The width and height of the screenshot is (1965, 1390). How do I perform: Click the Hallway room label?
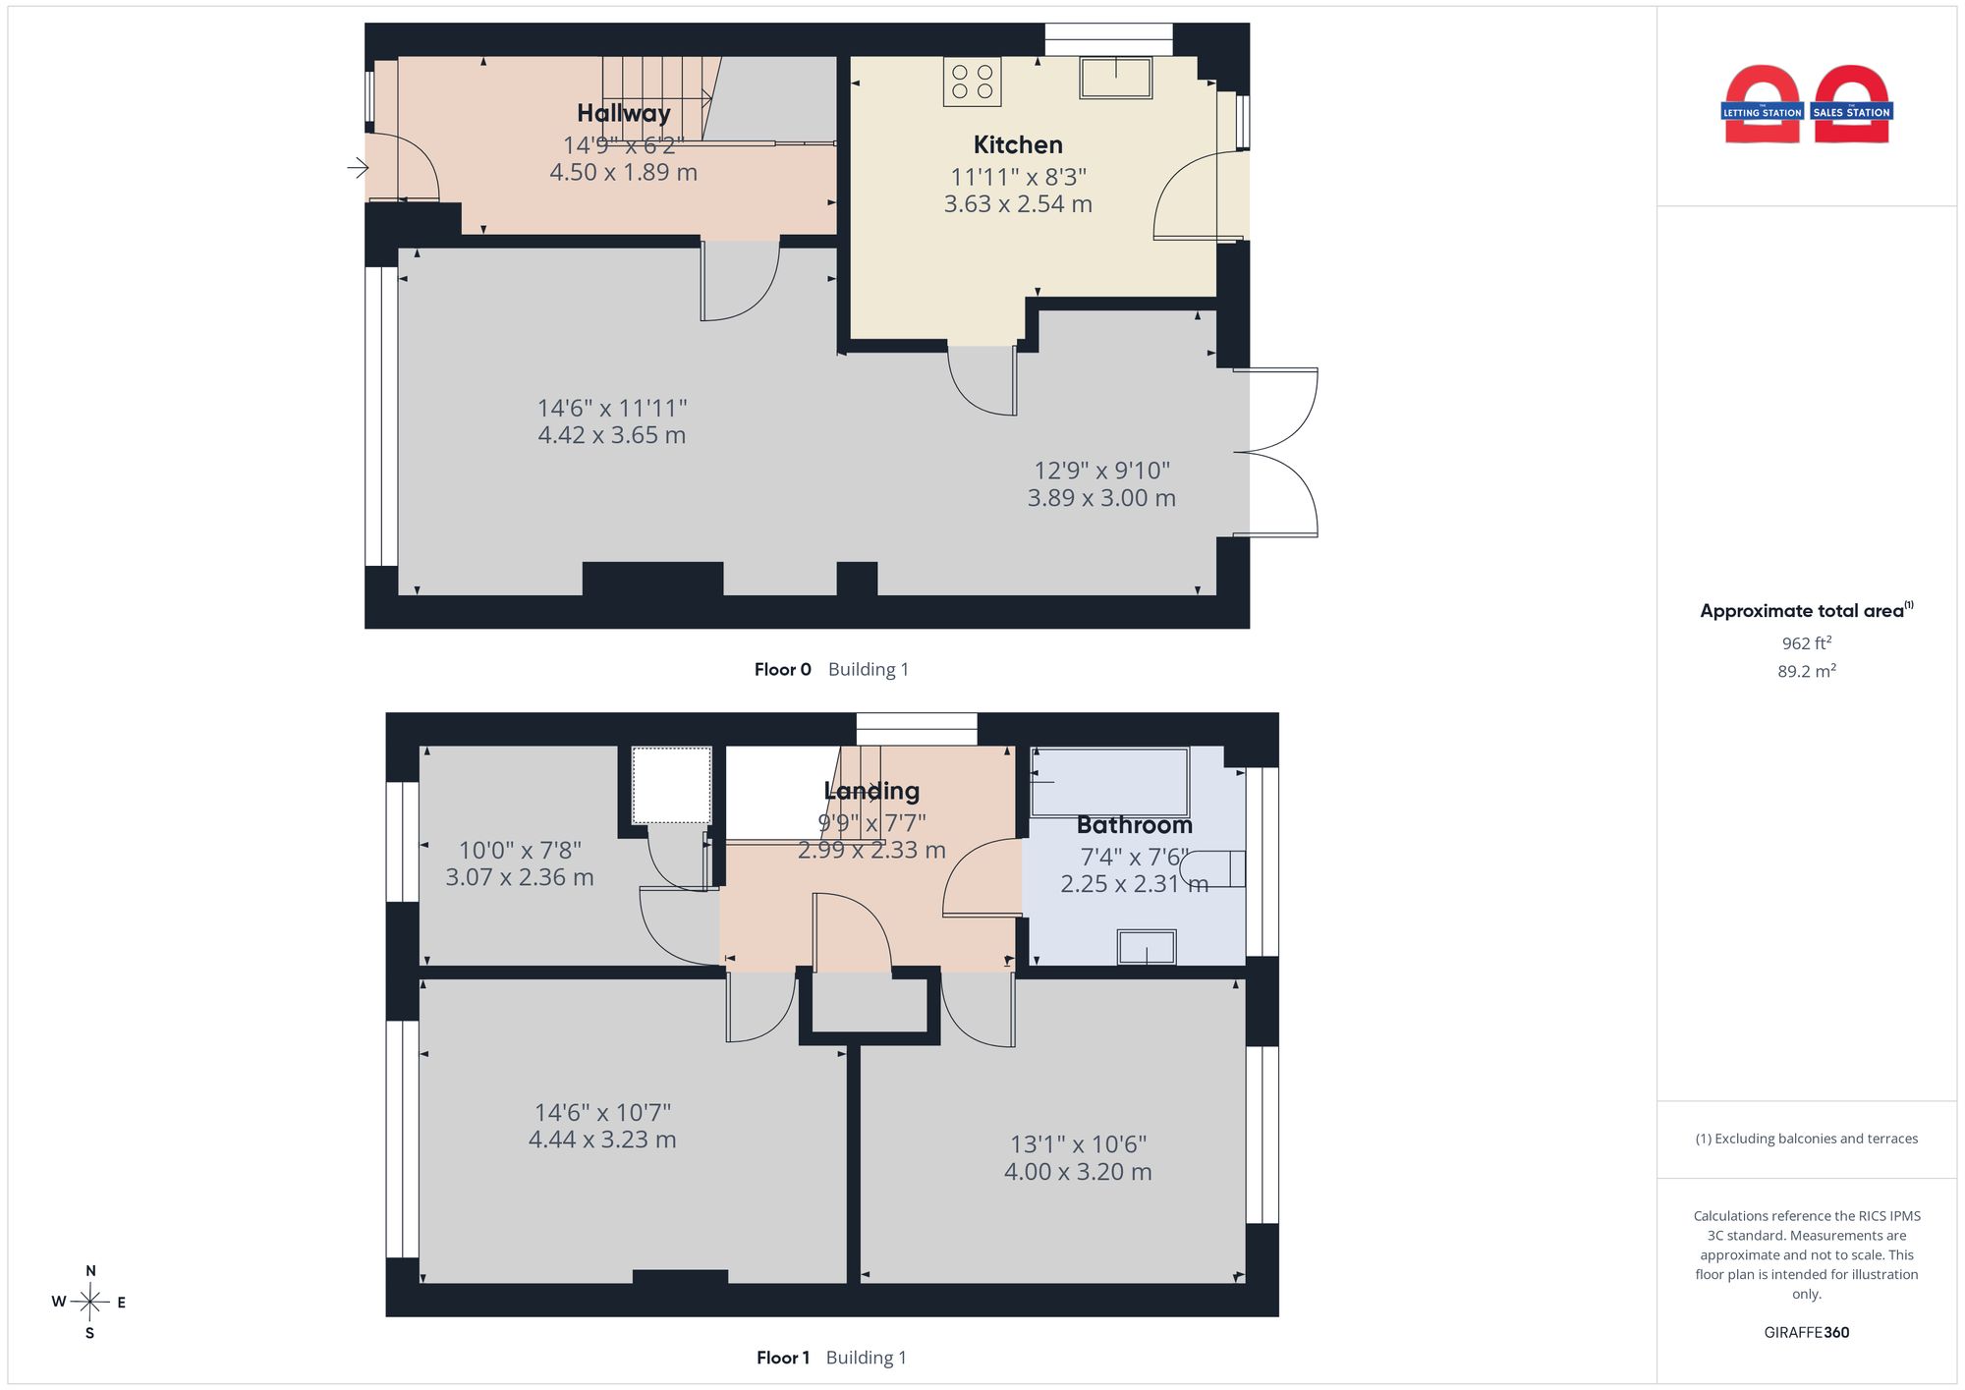click(624, 113)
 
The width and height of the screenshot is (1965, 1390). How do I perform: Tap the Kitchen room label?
click(1018, 144)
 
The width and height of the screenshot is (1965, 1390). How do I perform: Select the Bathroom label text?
click(1135, 825)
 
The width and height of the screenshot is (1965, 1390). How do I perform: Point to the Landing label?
click(871, 791)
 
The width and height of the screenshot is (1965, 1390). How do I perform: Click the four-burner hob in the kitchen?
click(973, 82)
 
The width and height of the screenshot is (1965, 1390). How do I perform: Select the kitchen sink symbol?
click(1116, 78)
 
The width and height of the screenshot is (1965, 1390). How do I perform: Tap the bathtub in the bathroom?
click(1110, 782)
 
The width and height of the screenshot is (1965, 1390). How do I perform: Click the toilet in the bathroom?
click(1213, 868)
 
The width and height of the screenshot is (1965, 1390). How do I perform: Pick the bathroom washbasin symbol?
click(1147, 947)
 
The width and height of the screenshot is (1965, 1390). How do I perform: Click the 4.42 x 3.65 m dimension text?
click(612, 435)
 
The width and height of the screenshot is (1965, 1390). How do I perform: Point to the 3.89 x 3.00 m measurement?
click(1101, 498)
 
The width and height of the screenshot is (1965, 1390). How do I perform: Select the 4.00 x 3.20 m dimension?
click(1078, 1172)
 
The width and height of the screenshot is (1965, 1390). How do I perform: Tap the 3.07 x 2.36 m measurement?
click(520, 877)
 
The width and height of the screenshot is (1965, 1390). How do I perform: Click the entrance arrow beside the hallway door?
click(358, 168)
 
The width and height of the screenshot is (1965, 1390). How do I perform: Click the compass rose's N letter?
click(90, 1271)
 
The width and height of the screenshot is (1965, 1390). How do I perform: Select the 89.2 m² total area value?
click(1807, 672)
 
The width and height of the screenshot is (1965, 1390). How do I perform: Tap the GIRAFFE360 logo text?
click(1807, 1333)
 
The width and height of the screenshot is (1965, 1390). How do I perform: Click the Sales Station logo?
click(1852, 105)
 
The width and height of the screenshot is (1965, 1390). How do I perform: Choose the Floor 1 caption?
click(783, 1358)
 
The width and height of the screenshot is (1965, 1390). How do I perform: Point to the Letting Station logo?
click(1763, 105)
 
